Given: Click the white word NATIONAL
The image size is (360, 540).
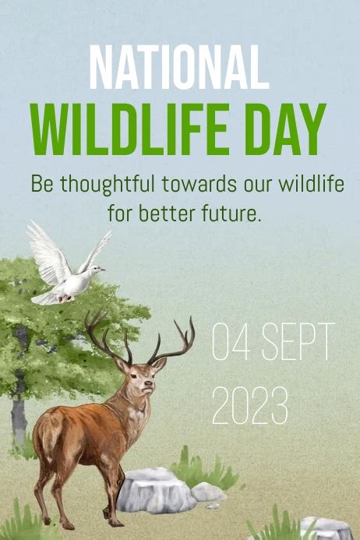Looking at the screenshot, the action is coord(178,68).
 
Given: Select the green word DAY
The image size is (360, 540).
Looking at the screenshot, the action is coord(286,129).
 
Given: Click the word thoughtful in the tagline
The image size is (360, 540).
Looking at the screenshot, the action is coord(107,184).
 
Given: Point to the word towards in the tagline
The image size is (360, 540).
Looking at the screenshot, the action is coord(199,184).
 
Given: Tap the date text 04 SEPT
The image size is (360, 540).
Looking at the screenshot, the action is coord(273,341).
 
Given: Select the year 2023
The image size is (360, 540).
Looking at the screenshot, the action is coord(250,406).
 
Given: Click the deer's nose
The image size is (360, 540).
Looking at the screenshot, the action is coord(149,383).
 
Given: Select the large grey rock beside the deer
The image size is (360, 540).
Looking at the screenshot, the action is coord(156,489).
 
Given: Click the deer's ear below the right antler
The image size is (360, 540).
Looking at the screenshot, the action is coord(159,365).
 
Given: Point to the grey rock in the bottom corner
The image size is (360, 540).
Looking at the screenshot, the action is coord(325,528).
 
